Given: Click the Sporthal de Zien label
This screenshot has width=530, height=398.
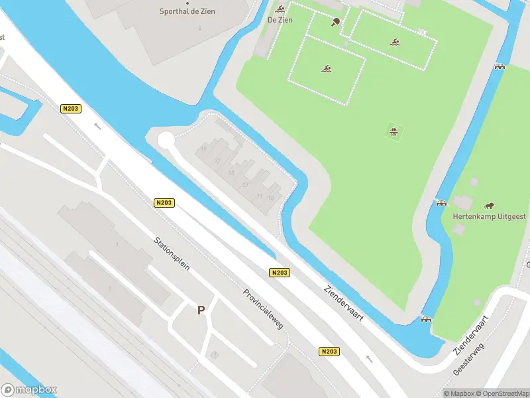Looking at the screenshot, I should click(187, 11).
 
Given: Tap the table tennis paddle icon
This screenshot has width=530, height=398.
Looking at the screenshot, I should click(336, 21).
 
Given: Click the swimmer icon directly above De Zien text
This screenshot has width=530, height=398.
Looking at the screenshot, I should click(280, 9).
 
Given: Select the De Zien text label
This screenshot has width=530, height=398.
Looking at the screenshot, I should click(280, 20).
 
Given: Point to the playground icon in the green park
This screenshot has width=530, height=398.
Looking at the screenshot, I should click(394, 131).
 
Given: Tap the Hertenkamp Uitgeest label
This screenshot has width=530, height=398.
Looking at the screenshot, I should click(490, 217).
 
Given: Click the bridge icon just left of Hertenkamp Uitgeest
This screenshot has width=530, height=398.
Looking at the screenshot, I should click(441, 202).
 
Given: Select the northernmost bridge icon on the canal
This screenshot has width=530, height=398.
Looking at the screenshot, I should click(500, 66).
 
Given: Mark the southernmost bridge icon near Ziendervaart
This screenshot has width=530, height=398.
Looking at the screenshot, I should click(426, 319).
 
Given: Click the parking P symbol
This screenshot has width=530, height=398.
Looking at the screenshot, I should click(201, 310).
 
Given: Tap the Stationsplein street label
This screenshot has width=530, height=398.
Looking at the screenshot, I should click(172, 254).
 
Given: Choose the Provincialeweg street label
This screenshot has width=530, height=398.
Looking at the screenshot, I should click(263, 309).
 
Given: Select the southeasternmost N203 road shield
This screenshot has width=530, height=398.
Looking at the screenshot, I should click(329, 352).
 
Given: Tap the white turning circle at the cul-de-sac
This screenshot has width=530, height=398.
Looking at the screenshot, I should click(165, 140).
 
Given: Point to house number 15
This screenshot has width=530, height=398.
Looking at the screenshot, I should click(231, 173).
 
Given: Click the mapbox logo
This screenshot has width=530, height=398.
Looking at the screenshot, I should click(29, 390).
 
